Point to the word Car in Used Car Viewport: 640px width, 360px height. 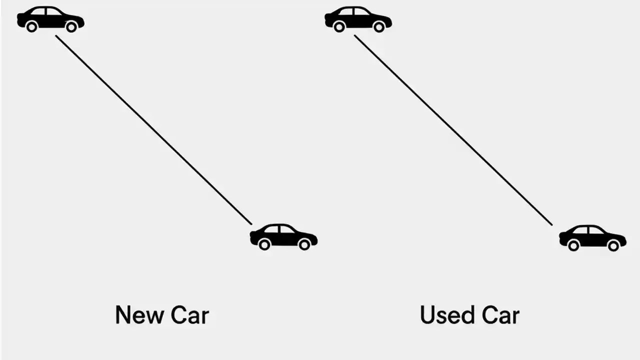point(500,315)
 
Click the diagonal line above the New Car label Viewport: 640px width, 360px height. point(153,130)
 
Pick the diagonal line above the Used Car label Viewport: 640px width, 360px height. point(453,130)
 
